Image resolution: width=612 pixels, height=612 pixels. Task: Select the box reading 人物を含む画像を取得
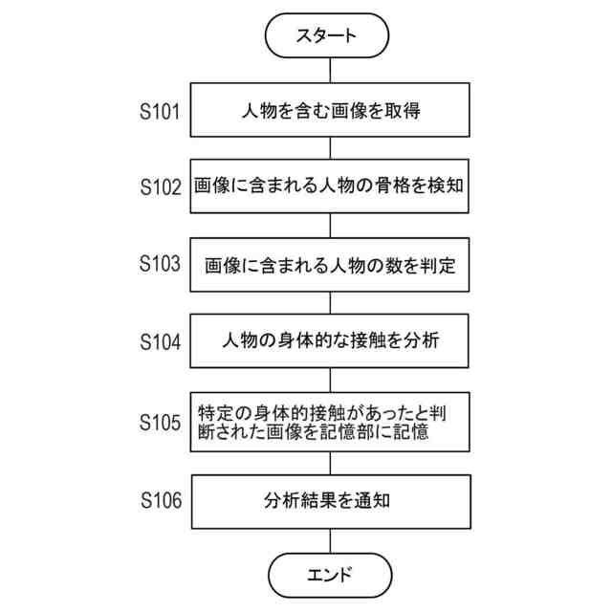pos(331,110)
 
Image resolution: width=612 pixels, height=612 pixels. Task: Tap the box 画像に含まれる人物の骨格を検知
pos(331,186)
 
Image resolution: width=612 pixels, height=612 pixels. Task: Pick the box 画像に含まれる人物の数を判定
pos(331,265)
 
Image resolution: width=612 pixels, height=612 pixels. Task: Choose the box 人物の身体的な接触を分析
pos(331,340)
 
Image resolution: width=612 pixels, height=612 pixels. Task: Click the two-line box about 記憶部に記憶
pos(331,422)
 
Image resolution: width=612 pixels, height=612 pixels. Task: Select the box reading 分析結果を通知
pos(331,499)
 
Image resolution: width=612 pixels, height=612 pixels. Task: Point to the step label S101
pos(160,111)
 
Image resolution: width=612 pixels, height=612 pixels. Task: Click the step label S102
pos(160,186)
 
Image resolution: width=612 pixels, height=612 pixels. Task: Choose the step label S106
pos(160,499)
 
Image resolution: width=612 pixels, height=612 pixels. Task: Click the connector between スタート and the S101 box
pos(331,71)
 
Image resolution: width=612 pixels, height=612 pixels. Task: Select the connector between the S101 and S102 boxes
pos(331,147)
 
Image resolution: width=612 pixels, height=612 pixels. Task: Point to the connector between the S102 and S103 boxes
pos(331,226)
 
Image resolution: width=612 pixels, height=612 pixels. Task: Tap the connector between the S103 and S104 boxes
pos(331,302)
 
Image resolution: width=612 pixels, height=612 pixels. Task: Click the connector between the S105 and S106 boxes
pos(331,462)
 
